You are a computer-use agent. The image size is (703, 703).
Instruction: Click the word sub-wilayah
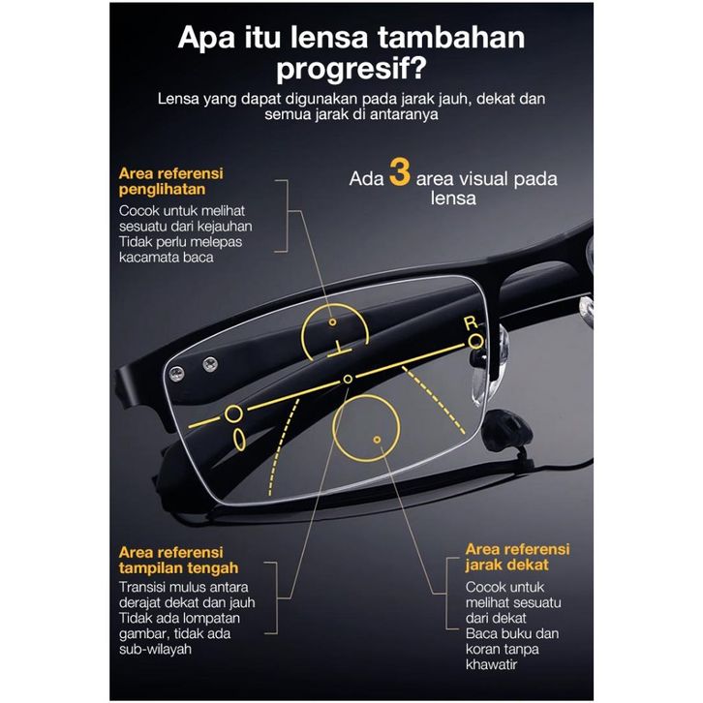click(x=155, y=648)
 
